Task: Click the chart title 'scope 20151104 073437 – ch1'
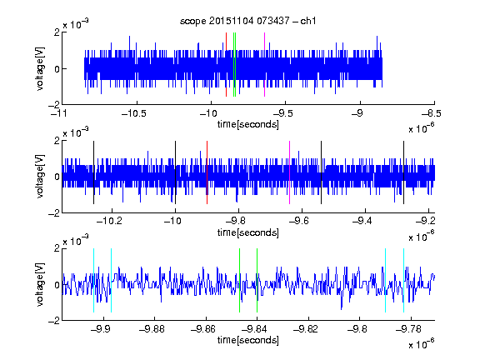click(x=247, y=21)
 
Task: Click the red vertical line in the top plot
click(x=226, y=65)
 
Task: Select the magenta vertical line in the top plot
click(x=264, y=65)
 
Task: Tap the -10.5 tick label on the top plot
click(x=134, y=113)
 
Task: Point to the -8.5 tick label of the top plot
click(x=432, y=113)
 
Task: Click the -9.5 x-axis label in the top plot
click(x=282, y=113)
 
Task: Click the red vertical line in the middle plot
click(x=207, y=172)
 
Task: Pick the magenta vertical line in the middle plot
click(x=290, y=172)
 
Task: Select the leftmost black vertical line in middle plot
click(x=93, y=172)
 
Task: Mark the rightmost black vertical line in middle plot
click(x=403, y=172)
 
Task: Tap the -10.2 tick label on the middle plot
click(x=109, y=221)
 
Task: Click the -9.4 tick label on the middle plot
click(x=362, y=221)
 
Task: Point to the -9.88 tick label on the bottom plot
click(x=152, y=329)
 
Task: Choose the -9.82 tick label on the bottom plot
click(x=306, y=329)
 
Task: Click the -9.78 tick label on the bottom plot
click(x=408, y=329)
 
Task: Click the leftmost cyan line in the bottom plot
click(x=93, y=280)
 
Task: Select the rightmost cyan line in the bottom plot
click(x=403, y=280)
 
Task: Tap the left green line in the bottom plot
click(x=239, y=280)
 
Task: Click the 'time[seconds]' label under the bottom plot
click(x=248, y=340)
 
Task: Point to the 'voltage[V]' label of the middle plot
click(x=40, y=177)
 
